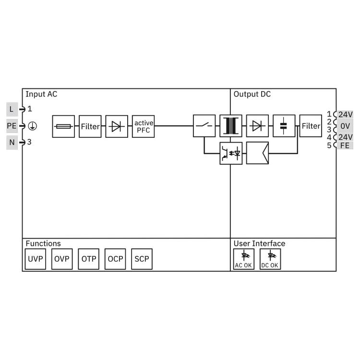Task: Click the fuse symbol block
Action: pos(63,126)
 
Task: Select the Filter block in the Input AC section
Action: pos(90,126)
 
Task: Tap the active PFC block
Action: pos(143,126)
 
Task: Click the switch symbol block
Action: pos(204,126)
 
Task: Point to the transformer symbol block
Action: pos(231,126)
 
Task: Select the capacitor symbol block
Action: pos(284,126)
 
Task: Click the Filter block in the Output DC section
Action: pos(311,126)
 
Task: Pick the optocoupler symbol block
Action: pos(231,153)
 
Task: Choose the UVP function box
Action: pos(36,259)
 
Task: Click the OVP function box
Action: pos(62,259)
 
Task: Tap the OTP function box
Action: pos(89,259)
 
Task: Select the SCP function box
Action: pos(142,259)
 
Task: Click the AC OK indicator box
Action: pos(243,259)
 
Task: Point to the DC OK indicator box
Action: pos(270,259)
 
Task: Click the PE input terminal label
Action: pos(12,126)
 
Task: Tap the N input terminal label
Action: pos(12,143)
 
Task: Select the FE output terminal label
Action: pos(345,145)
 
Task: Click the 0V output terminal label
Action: pos(345,126)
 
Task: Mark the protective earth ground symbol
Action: pos(32,126)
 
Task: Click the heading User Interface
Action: pos(259,243)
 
